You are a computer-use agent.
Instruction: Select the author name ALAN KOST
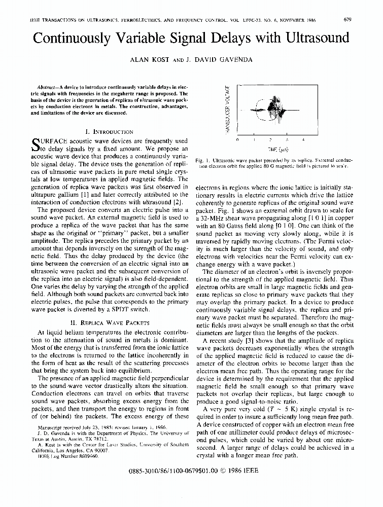point(147,59)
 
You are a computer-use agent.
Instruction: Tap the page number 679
point(348,20)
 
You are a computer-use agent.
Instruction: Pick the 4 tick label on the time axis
point(303,139)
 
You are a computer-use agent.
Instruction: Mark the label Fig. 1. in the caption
point(202,159)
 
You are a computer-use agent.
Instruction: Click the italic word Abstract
point(49,87)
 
